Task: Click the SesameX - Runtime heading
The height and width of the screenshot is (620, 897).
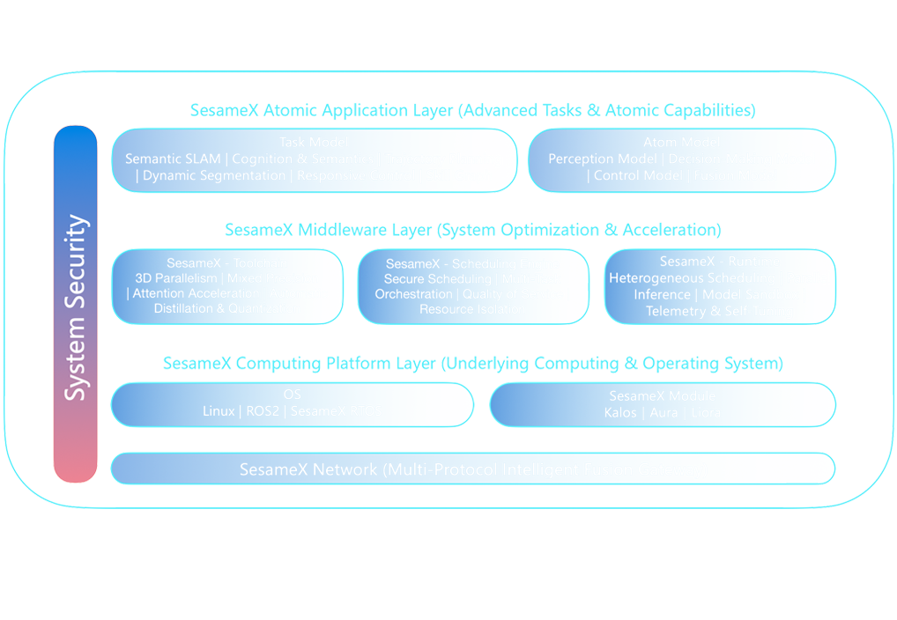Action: (x=719, y=262)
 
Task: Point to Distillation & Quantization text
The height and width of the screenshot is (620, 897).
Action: (x=226, y=309)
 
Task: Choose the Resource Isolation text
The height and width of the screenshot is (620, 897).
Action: (x=472, y=310)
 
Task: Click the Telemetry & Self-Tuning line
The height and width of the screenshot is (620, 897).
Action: (x=719, y=311)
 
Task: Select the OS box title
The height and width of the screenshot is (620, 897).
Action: (x=292, y=395)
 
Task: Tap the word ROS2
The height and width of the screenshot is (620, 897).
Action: (x=261, y=411)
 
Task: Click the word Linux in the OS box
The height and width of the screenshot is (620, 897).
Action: (x=219, y=411)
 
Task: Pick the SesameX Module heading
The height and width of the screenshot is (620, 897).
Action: (x=662, y=395)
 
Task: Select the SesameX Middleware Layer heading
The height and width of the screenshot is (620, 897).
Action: (x=472, y=231)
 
